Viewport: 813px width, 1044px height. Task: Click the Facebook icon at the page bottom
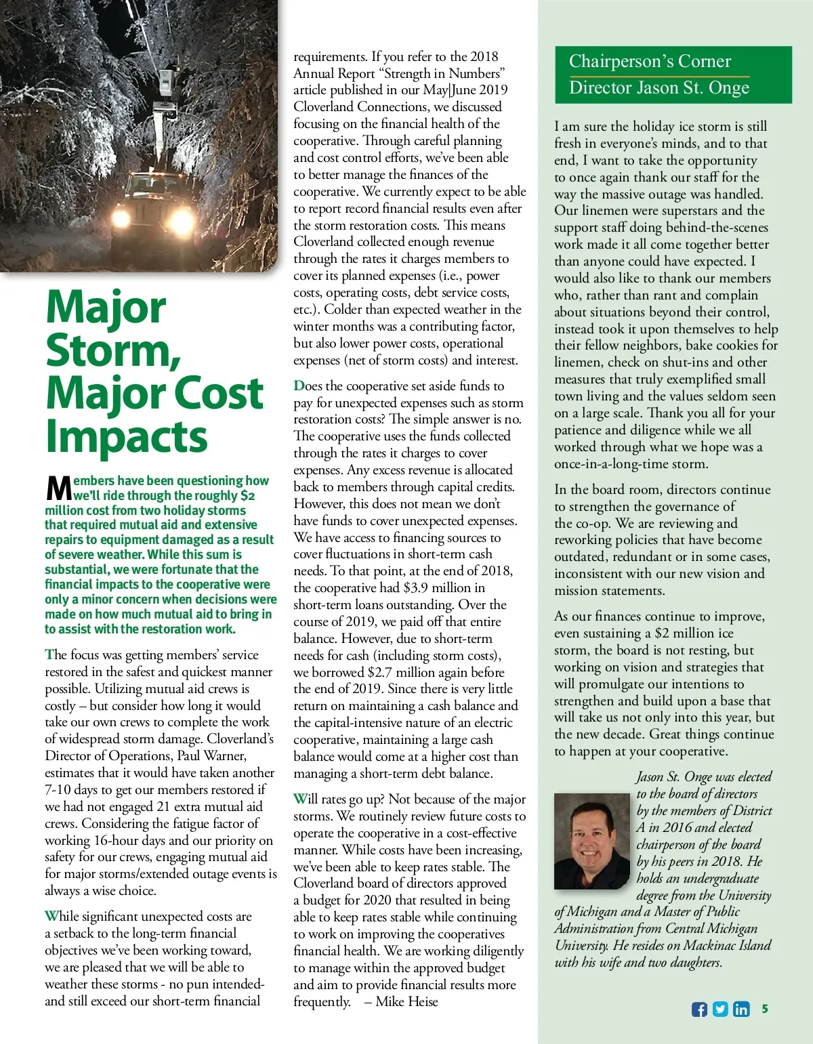tap(699, 1009)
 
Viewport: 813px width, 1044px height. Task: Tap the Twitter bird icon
tap(720, 1009)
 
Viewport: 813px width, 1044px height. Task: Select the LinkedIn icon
tap(741, 1009)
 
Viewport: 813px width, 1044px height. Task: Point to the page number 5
tap(765, 1008)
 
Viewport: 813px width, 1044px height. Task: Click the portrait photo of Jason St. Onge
tap(591, 841)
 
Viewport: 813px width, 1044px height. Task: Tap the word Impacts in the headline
tap(126, 436)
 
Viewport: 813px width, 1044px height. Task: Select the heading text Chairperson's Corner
tap(650, 62)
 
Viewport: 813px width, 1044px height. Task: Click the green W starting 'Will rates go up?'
tap(300, 799)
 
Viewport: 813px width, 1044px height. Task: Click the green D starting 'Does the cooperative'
tap(299, 386)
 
